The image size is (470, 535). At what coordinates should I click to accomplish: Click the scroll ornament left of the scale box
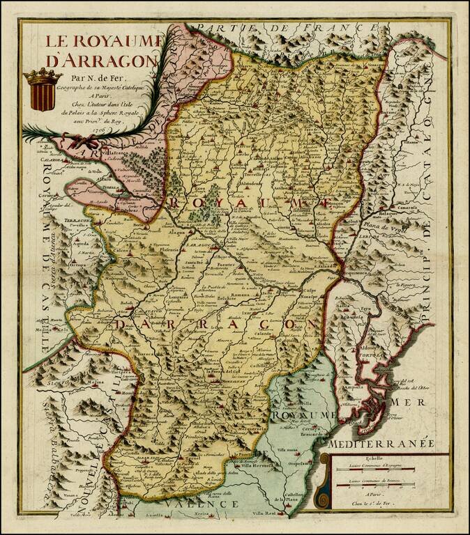click(x=322, y=481)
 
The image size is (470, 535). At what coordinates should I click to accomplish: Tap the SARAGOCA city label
click(x=202, y=246)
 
